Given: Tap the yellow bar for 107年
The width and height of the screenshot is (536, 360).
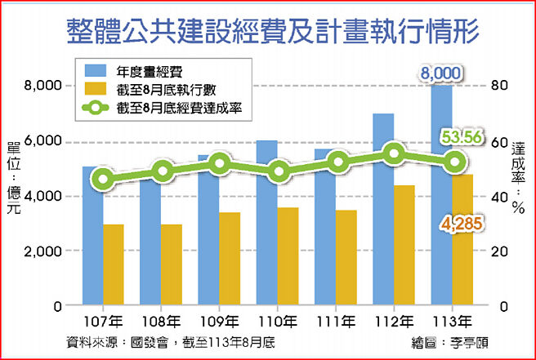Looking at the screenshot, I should [113, 264].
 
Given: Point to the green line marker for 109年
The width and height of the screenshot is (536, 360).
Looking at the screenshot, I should [219, 165].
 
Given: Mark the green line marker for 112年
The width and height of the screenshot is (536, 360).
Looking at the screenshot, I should [395, 153].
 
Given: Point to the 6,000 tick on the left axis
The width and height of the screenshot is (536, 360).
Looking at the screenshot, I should [45, 141].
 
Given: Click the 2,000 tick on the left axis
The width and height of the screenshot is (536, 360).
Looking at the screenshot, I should [45, 251].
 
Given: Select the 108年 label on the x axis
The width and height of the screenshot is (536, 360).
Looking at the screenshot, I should [161, 321].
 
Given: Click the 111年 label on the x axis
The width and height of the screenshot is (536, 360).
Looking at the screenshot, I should [336, 321].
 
